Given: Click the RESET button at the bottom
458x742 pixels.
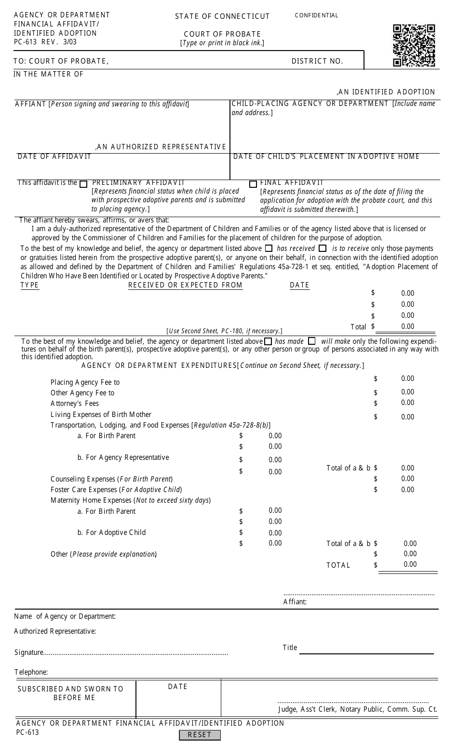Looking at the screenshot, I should pos(200,735).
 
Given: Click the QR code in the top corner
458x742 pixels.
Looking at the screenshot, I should pos(414,45).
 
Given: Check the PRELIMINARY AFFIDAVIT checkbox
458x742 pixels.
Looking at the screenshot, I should pos(83,183).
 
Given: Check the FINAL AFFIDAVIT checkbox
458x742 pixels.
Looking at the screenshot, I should pos(253,184).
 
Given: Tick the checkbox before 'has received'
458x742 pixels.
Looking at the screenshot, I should pos(269,248).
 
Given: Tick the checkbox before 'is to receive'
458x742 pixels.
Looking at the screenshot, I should pos(323,248).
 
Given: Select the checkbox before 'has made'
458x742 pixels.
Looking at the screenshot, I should pos(268,341).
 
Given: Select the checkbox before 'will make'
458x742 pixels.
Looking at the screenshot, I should pos(311,341).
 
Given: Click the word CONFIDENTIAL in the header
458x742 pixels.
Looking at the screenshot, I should pos(316,15).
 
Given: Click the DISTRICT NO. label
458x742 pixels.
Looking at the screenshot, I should pos(317,61).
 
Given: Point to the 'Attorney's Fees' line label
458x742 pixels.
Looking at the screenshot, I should pos(75,404).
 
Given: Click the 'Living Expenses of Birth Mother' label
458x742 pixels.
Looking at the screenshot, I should pos(101,415).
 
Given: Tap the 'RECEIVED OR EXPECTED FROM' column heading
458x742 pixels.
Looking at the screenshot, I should pos(185,286).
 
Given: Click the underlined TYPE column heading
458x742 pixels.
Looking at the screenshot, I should pos(29,286).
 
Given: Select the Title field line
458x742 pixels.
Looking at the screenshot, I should pos(366,653).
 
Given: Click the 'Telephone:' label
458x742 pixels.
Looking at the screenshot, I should pos(31,672).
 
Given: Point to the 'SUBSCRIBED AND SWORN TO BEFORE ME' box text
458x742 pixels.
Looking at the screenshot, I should pos(71,693).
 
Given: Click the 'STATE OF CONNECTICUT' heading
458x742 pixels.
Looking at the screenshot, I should pos(222,16).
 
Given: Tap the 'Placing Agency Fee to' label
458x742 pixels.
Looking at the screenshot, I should pos(85,382).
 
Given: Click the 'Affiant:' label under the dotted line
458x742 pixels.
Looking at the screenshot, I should pos(295,602).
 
